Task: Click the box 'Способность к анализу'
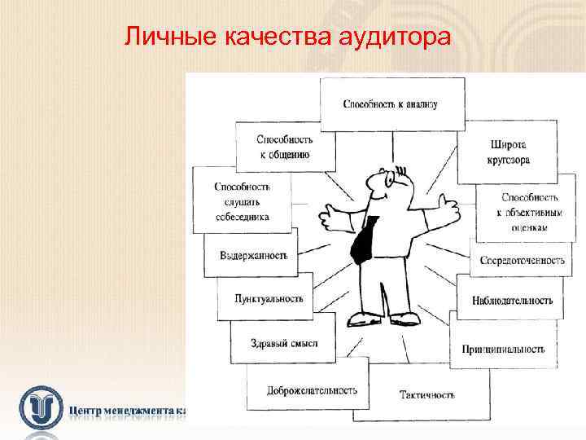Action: pos(391,103)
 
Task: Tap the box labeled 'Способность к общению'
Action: pos(284,147)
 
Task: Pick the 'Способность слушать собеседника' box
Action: pos(242,201)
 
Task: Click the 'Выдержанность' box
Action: pos(253,255)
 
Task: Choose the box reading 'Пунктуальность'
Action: pos(268,298)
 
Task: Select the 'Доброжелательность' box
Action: pos(312,390)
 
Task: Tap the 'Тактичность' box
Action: pos(426,395)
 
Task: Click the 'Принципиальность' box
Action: pos(502,349)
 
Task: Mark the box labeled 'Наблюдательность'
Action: pos(511,300)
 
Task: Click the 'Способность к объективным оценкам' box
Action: pos(529,212)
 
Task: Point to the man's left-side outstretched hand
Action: pos(331,215)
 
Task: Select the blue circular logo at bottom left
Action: pos(42,407)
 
